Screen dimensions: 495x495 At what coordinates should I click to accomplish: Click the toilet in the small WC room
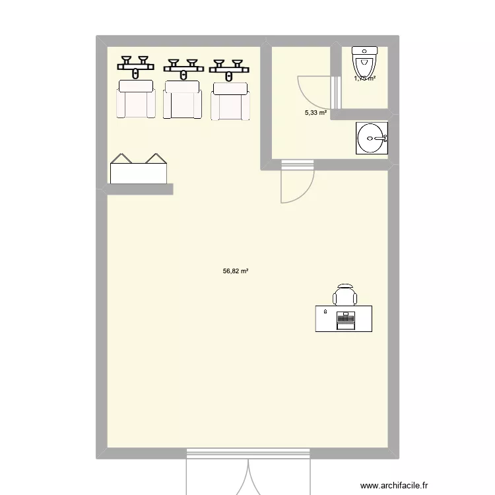tap(364, 63)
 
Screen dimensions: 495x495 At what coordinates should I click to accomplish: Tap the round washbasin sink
tap(371, 139)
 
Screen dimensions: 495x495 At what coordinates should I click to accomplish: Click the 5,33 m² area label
tap(315, 113)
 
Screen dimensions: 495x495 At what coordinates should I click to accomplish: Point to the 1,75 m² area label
tap(364, 79)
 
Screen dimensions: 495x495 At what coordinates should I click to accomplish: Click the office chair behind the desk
tap(344, 295)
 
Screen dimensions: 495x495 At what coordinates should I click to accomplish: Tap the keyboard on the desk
tap(345, 321)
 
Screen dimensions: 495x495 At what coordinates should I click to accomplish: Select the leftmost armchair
tap(136, 100)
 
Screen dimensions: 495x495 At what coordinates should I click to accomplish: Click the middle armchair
tap(182, 100)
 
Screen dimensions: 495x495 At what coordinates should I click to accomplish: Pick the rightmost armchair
tap(230, 101)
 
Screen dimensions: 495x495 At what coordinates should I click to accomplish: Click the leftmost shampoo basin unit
tap(137, 67)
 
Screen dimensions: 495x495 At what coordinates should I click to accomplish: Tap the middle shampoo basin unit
tap(182, 67)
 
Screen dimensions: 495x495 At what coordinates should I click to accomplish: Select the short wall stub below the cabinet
tap(140, 189)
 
